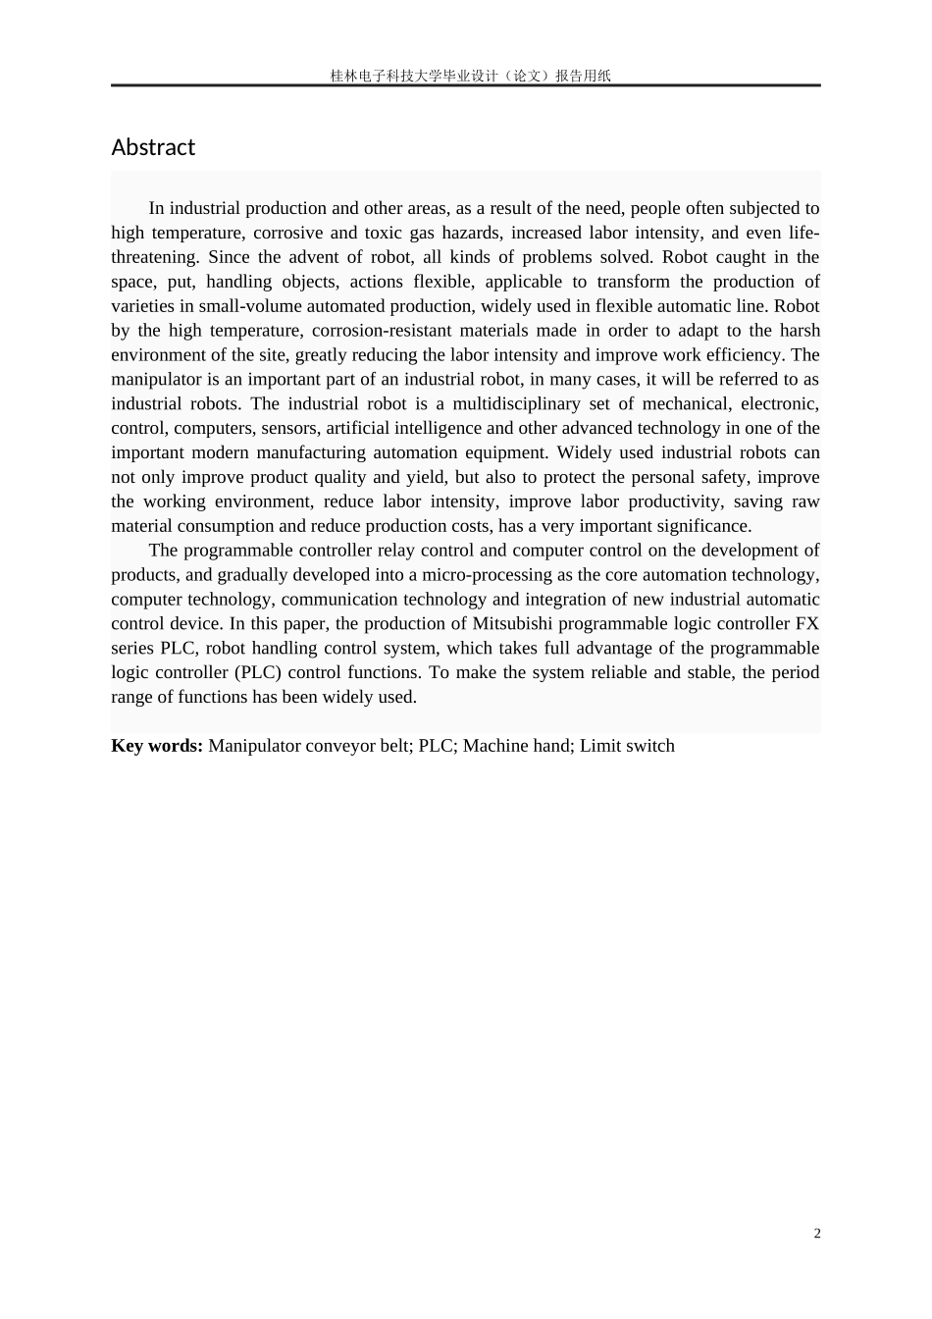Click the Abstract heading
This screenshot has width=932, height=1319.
153,147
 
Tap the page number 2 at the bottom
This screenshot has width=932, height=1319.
817,1234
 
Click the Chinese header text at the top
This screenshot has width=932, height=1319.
470,76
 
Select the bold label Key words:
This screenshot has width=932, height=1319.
157,746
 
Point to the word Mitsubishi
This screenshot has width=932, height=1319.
513,624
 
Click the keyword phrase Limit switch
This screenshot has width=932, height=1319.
627,746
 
